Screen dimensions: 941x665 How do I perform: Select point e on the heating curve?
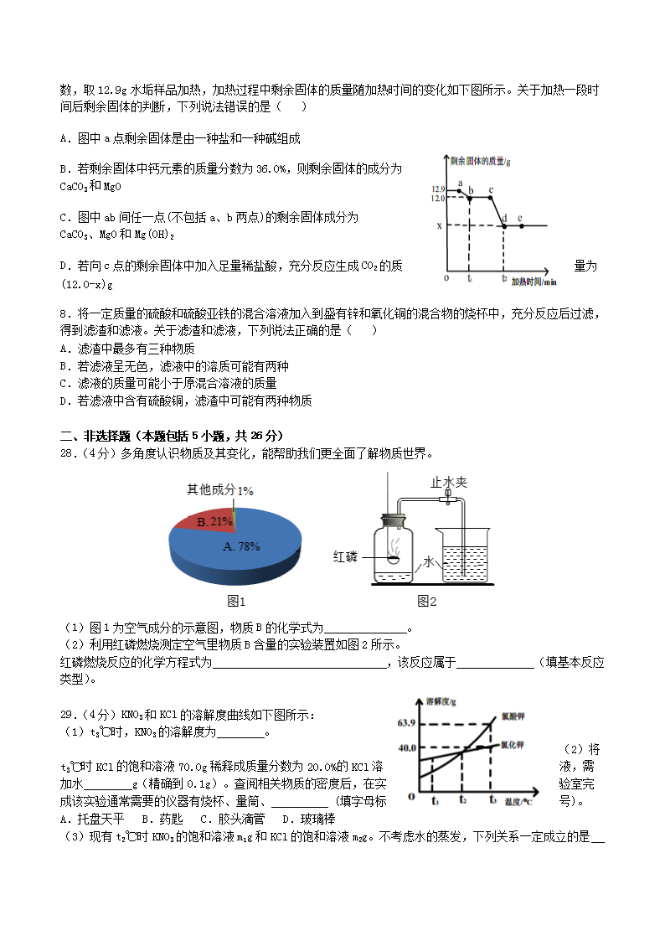coord(521,225)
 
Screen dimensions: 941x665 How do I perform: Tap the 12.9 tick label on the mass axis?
coord(438,189)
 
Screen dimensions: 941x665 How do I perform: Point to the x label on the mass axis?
coord(439,225)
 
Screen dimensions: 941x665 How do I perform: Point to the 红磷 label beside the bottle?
coord(346,557)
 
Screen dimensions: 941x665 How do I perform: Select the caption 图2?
coord(427,601)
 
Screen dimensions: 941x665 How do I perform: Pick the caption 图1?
coord(237,601)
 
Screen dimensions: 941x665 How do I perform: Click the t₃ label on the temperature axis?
coord(493,799)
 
